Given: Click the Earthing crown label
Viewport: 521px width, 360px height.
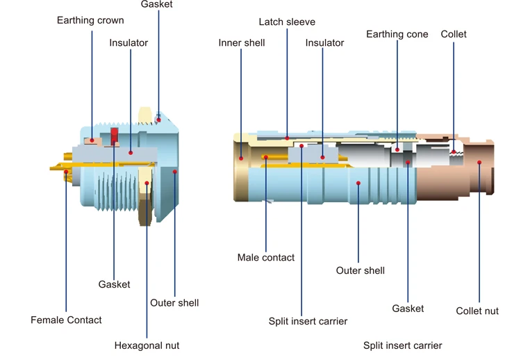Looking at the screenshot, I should point(90,20).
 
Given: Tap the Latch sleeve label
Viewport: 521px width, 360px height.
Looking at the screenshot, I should point(287,22).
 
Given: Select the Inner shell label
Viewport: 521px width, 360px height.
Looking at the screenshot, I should point(241,43).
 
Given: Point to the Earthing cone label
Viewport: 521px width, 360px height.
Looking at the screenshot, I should point(397,34).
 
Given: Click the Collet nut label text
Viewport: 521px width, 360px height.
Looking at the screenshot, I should point(477,311).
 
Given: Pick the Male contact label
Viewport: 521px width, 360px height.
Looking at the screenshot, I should point(265,257).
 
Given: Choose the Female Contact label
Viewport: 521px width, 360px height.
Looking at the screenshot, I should point(66,320).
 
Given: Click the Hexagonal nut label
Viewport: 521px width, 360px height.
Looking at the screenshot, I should point(147,345).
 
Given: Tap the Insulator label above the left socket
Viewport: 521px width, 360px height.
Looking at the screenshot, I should point(129,43).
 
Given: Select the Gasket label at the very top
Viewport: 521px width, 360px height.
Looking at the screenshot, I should point(156,5).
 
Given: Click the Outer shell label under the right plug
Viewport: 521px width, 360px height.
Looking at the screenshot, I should point(360,270).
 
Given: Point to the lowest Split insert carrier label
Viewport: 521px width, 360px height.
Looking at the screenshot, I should point(402,345).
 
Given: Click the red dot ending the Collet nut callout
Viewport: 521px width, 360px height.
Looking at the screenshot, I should point(479,163).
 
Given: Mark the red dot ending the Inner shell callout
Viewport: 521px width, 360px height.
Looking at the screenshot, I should point(241,158).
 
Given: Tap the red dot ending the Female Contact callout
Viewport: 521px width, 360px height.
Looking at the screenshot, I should point(66,170).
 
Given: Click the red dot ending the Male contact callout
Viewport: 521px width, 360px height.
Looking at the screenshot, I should point(266,157).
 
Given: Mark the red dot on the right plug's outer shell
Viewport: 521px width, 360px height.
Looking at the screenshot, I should point(358,183).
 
